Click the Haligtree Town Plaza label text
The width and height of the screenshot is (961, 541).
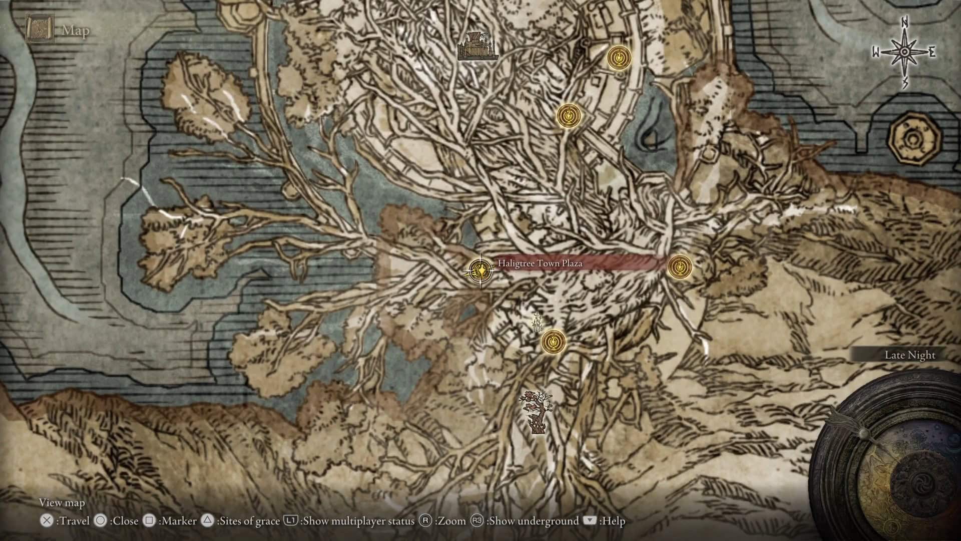click(540, 263)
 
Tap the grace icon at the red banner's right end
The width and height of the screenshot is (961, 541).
click(680, 266)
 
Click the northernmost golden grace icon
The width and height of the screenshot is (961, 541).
click(619, 57)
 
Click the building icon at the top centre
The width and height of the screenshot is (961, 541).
click(477, 47)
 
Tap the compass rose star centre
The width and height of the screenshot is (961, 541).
click(904, 52)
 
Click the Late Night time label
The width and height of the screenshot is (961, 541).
click(909, 355)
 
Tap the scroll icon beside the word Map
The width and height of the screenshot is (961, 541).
click(40, 30)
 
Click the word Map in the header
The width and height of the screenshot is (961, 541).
click(76, 31)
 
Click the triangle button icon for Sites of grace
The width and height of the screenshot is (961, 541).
click(207, 521)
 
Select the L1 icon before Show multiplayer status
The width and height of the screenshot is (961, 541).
click(291, 521)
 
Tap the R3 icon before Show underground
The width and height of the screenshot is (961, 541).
click(477, 521)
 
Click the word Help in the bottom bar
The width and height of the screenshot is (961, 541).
click(614, 521)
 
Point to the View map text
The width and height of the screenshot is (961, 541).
click(62, 502)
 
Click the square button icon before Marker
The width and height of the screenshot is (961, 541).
click(149, 521)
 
